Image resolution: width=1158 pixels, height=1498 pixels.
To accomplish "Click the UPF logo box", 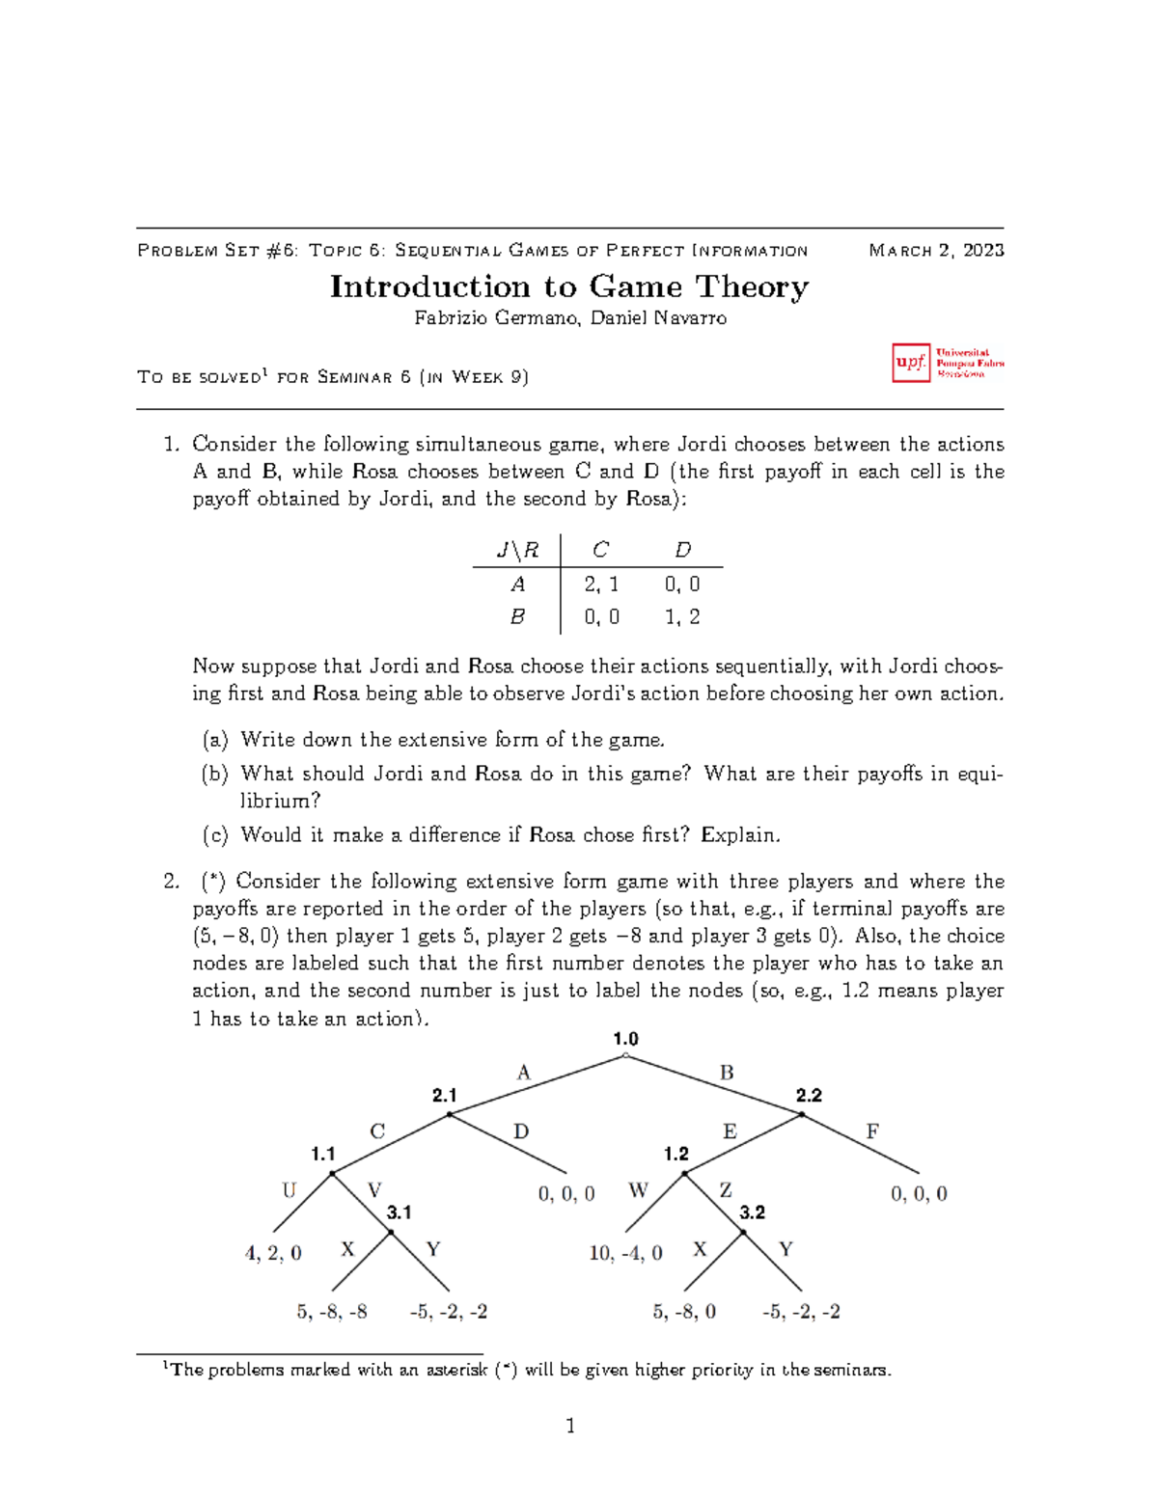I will click(911, 363).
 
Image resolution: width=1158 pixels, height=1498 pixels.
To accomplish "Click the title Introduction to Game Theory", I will click(569, 286).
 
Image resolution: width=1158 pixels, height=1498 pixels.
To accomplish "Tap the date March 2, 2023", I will click(936, 251).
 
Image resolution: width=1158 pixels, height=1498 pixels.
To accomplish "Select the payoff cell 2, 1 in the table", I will click(601, 584).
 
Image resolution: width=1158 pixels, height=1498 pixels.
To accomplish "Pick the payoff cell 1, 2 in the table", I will click(682, 616).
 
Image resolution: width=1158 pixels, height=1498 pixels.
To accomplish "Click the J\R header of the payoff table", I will click(517, 550).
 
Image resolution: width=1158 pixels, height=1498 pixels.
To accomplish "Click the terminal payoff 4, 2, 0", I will click(273, 1253).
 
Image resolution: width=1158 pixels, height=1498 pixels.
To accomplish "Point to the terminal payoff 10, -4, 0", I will click(625, 1253).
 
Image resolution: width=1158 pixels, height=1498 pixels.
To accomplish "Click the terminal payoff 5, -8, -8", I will click(332, 1312).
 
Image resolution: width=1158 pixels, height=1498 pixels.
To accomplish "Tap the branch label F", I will click(872, 1131).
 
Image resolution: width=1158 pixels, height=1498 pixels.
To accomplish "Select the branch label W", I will click(638, 1190).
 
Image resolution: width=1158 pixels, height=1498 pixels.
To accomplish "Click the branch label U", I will click(289, 1190).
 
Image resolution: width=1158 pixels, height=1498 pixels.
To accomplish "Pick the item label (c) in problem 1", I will click(215, 835).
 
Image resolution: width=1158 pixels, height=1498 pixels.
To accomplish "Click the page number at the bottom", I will click(570, 1426).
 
